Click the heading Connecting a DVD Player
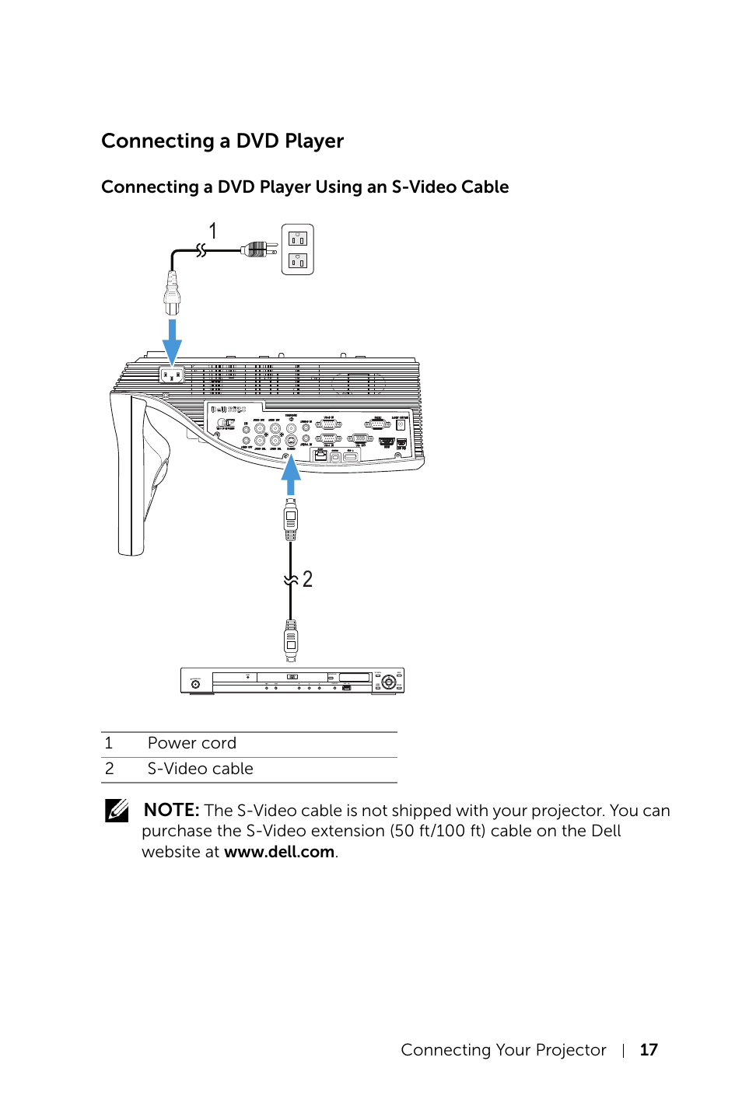tap(222, 141)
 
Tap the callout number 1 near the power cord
tap(212, 231)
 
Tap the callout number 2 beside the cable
tap(307, 579)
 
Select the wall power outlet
tap(297, 249)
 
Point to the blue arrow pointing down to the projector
tap(172, 341)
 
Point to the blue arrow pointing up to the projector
tap(291, 475)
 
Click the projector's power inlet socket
tap(171, 375)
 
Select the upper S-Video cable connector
tap(291, 519)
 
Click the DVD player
tap(292, 681)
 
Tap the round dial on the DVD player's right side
tap(388, 682)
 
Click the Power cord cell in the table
tap(192, 744)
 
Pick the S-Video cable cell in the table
tap(201, 769)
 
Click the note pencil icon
tap(117, 811)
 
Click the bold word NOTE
tap(171, 811)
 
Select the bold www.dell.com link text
tap(279, 852)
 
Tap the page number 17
tap(649, 1050)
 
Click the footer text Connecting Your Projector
tap(503, 1050)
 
